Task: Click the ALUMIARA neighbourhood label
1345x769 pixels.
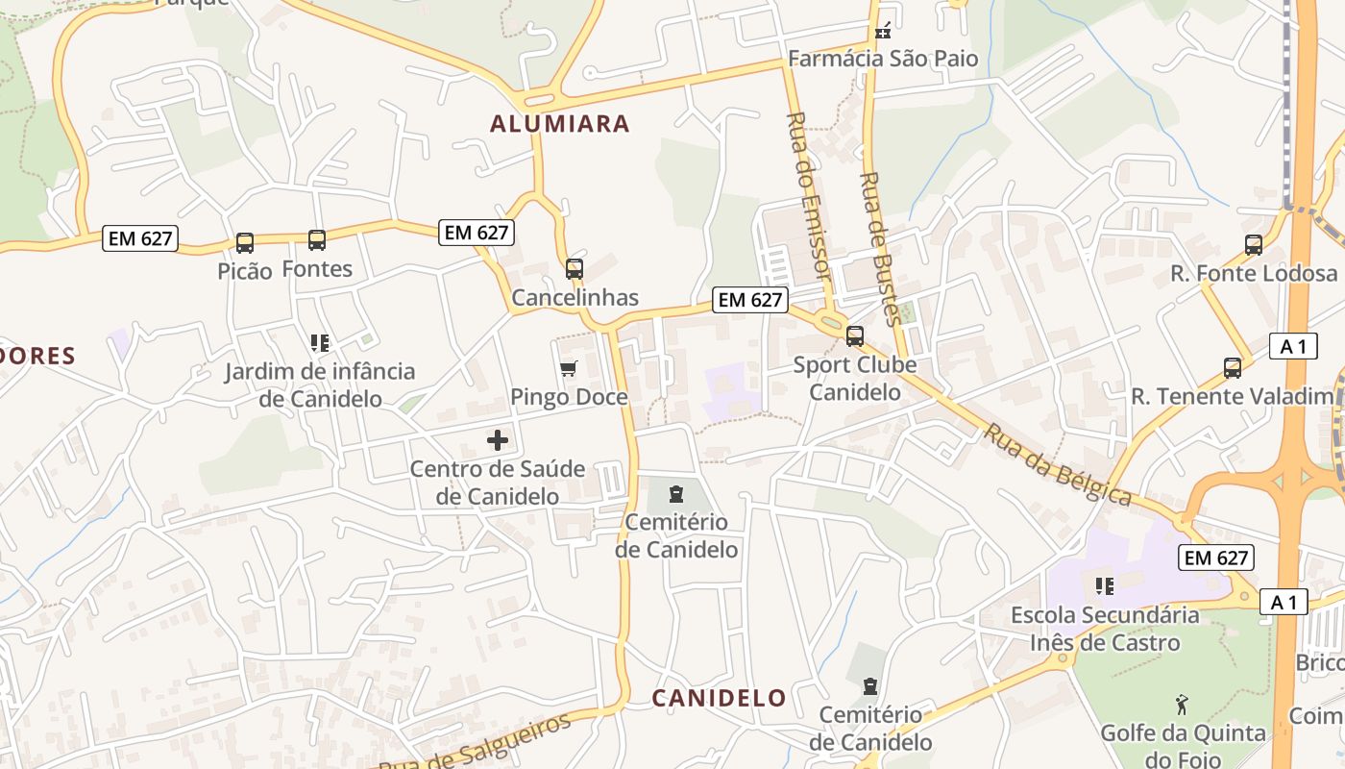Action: click(x=560, y=124)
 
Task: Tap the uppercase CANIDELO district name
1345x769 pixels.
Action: click(x=720, y=698)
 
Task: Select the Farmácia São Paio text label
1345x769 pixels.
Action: click(x=883, y=59)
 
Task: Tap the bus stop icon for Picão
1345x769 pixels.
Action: click(x=245, y=243)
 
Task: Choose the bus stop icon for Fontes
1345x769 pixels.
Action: click(x=317, y=240)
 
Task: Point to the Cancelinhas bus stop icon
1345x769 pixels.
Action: click(x=575, y=269)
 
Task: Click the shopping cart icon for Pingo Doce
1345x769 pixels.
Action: click(x=569, y=369)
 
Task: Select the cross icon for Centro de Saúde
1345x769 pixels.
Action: click(x=498, y=440)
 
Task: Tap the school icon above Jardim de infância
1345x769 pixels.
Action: click(x=320, y=343)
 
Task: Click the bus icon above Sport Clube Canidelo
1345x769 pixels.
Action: click(x=855, y=336)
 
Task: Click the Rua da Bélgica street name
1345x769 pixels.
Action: click(x=1058, y=465)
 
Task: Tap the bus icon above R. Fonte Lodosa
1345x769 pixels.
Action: click(x=1254, y=245)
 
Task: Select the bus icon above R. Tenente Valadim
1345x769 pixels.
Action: click(x=1233, y=367)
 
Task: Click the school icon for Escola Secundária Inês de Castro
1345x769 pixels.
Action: click(x=1105, y=585)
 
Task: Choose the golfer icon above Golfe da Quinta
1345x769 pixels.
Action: click(x=1183, y=705)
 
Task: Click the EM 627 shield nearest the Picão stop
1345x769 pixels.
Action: click(x=140, y=238)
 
